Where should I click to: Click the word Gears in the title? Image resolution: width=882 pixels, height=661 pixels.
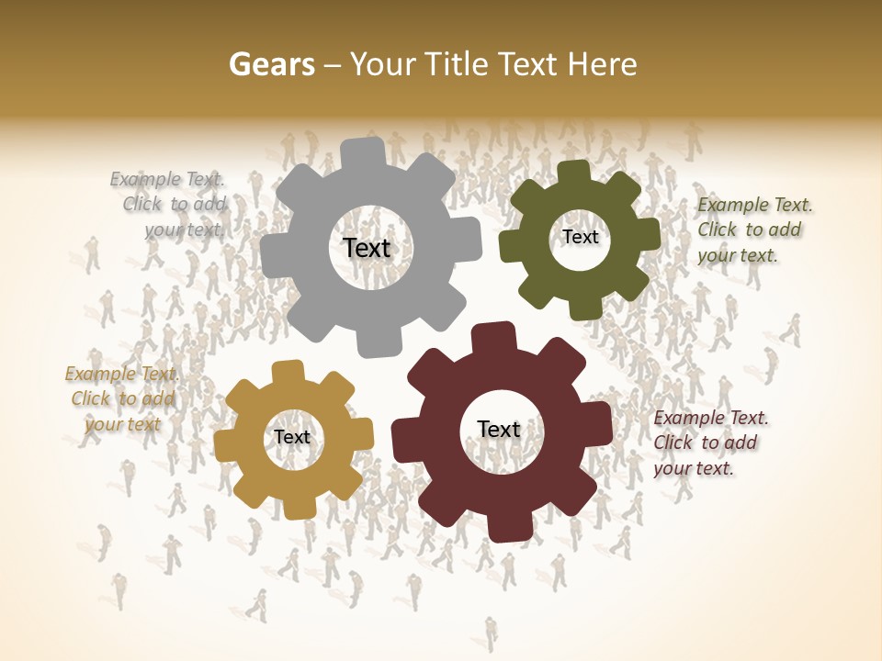(x=271, y=64)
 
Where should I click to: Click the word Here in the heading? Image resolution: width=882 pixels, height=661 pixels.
(x=602, y=64)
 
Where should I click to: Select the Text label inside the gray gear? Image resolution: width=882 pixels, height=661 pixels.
(x=367, y=248)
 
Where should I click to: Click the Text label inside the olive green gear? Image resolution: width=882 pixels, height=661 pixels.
(x=580, y=237)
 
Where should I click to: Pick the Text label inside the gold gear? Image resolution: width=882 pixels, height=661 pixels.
(x=292, y=438)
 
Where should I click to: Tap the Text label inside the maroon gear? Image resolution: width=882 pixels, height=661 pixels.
(x=499, y=430)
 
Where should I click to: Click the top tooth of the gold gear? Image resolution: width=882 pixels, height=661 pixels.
(x=288, y=372)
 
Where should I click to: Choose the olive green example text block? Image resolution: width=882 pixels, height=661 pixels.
(x=753, y=230)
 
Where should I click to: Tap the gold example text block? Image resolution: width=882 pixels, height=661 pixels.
(x=122, y=398)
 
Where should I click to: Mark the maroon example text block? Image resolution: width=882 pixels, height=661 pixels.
(x=709, y=443)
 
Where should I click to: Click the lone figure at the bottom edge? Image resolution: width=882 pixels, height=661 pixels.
(x=492, y=633)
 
